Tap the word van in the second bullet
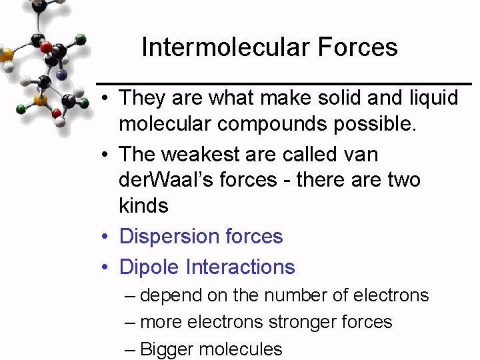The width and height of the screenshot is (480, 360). [359, 155]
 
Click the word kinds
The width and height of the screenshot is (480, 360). [143, 205]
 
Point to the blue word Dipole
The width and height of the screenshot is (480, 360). [149, 267]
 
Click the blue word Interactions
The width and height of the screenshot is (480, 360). [241, 267]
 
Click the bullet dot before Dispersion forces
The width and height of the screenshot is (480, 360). [105, 237]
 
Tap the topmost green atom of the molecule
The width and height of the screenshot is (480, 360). [80, 39]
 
